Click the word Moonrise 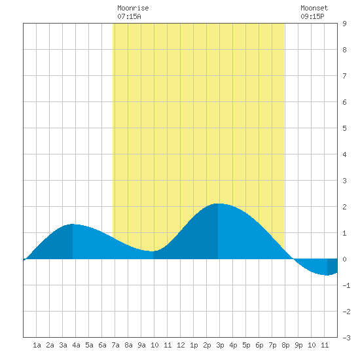[x=133, y=8]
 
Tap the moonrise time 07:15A [x=129, y=16]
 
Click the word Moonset [x=314, y=8]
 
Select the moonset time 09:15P [x=312, y=16]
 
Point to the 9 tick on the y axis [x=344, y=24]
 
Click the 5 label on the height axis [x=344, y=128]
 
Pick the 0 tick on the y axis [x=344, y=259]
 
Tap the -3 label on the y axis [x=346, y=338]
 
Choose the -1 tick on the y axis [x=346, y=285]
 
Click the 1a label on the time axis [x=37, y=345]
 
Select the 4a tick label [x=76, y=345]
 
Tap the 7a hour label [x=115, y=345]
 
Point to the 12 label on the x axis [x=181, y=345]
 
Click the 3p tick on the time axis [x=220, y=345]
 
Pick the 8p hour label [x=285, y=345]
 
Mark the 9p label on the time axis [x=298, y=345]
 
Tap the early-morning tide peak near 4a [x=73, y=224]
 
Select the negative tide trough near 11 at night [x=327, y=275]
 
